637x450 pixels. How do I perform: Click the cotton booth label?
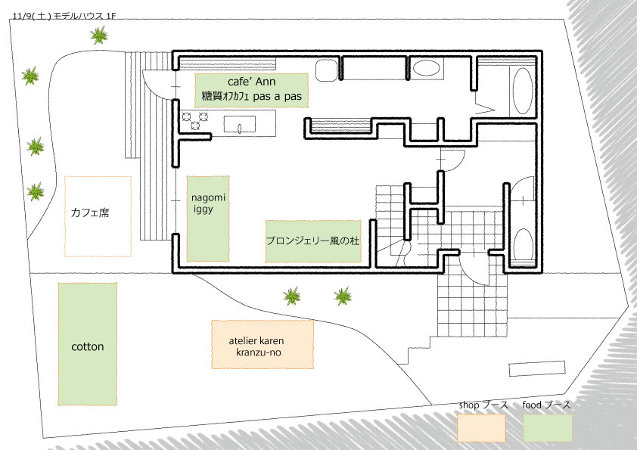pyautogui.click(x=87, y=347)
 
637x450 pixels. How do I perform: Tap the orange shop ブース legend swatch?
pyautogui.click(x=481, y=427)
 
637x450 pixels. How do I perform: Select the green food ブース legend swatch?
pyautogui.click(x=547, y=427)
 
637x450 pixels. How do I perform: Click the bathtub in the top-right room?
pyautogui.click(x=522, y=92)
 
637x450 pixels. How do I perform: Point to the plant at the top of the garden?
pyautogui.click(x=98, y=35)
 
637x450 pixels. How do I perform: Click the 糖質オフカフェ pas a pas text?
pyautogui.click(x=252, y=96)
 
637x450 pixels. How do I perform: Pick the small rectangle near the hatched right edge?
pyautogui.click(x=537, y=368)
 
